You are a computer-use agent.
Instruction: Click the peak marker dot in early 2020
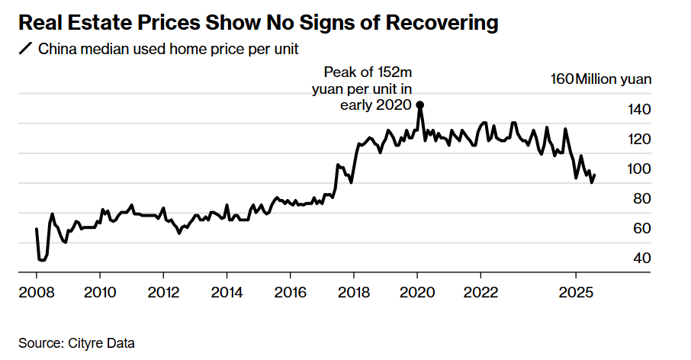click(419, 105)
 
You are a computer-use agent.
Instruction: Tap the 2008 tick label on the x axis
click(36, 292)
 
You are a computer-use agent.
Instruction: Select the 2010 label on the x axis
click(100, 292)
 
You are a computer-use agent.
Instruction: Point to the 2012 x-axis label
click(163, 292)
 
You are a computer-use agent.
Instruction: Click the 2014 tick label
click(227, 292)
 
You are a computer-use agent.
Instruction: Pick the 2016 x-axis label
click(291, 292)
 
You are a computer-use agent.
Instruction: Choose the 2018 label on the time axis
click(354, 292)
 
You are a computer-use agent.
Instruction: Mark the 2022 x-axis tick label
click(480, 292)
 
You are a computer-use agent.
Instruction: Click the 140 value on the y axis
click(639, 110)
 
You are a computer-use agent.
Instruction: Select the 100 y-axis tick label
click(639, 169)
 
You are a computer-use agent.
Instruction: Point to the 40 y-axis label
click(642, 259)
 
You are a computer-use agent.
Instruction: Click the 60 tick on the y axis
click(642, 229)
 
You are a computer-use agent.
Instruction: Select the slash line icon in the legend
click(26, 50)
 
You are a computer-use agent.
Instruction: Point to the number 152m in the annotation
click(395, 73)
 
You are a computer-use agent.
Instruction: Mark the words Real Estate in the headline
click(71, 23)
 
